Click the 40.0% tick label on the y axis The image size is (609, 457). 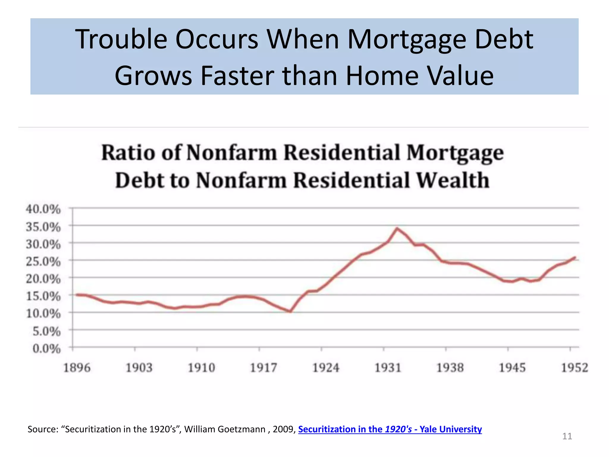click(43, 209)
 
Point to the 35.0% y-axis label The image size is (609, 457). click(43, 227)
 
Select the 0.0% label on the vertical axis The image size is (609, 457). click(47, 348)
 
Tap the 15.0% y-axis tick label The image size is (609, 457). click(43, 296)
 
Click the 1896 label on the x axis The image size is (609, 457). click(77, 368)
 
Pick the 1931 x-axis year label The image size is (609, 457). click(388, 368)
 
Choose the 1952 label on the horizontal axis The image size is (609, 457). click(575, 368)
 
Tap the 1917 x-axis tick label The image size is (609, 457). click(263, 368)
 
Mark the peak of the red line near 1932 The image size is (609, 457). click(397, 228)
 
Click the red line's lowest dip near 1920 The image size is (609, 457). click(290, 312)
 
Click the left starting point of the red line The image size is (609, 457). click(77, 295)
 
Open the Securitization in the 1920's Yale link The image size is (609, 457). click(390, 429)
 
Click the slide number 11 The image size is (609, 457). click(567, 436)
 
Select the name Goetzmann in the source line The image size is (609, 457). click(241, 429)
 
